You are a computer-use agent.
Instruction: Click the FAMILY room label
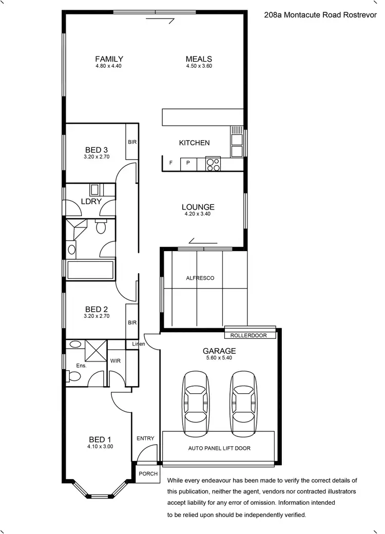[109, 59]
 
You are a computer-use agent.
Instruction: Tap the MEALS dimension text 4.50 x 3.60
[199, 66]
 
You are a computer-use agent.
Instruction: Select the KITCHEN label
[194, 143]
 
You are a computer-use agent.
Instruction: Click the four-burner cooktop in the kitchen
[213, 164]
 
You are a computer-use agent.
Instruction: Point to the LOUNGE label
[198, 207]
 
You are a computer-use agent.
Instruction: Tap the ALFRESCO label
[200, 278]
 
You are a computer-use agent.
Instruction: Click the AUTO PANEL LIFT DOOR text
[219, 448]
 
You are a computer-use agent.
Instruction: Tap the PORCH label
[148, 474]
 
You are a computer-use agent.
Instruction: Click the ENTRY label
[145, 438]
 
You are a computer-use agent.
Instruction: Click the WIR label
[115, 361]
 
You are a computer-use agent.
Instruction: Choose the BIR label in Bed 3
[132, 142]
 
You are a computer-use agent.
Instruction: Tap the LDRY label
[91, 202]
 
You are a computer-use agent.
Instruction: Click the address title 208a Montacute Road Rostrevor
[320, 16]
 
